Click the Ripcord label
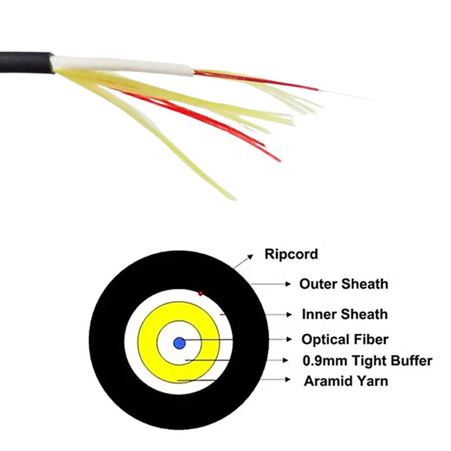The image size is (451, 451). [291, 254]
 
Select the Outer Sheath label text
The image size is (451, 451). [343, 284]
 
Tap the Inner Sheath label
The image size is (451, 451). [344, 314]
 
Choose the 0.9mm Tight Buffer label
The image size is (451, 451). [366, 360]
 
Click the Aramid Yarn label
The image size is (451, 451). [346, 381]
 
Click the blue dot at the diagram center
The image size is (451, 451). [180, 342]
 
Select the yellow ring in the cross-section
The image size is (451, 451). [148, 342]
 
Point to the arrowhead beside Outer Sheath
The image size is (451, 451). [289, 284]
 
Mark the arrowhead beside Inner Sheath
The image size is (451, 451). [289, 314]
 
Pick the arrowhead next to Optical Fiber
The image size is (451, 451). [289, 340]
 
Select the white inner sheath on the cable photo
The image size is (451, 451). [124, 67]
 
